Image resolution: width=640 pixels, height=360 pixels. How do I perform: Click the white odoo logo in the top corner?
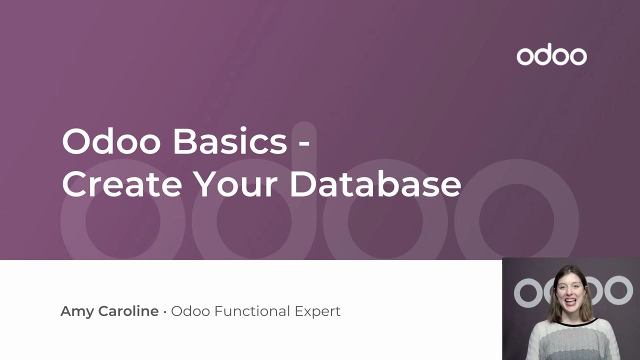551,54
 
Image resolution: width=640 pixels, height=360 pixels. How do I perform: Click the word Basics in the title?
230,141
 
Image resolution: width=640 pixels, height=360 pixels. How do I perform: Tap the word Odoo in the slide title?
111,141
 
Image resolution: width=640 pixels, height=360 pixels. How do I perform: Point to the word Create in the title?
122,183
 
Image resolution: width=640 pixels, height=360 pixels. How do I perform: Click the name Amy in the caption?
77,312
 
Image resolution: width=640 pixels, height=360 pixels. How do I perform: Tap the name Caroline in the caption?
128,311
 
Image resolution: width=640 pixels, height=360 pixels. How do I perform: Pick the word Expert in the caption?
317,311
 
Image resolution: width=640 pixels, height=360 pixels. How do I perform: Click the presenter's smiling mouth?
570,301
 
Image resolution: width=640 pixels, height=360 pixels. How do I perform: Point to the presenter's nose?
570,292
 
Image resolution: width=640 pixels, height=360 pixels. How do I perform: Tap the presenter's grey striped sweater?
571,341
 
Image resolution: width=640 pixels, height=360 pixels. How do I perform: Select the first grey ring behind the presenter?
527,293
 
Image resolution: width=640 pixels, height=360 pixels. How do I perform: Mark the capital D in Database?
303,183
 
